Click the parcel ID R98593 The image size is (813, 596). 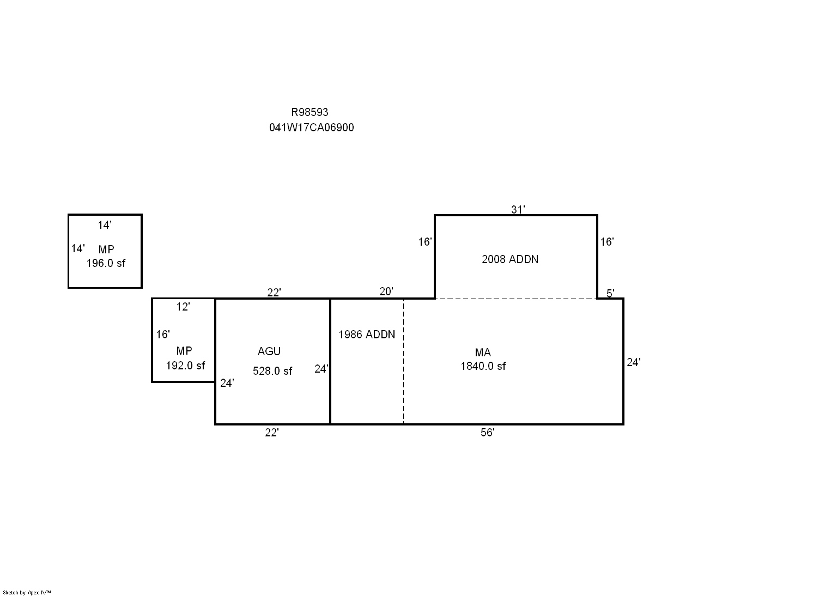310,112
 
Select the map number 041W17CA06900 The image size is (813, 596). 311,127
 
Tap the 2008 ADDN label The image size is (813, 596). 510,259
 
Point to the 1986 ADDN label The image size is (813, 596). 367,335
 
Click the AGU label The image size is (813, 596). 269,351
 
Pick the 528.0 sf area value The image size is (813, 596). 272,371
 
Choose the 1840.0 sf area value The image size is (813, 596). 483,366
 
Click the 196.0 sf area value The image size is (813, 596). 106,263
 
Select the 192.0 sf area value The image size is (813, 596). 185,366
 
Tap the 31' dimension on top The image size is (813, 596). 518,209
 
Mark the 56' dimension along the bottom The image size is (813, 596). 488,433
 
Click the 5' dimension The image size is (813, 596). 610,293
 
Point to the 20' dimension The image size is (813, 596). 386,291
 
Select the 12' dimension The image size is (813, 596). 183,307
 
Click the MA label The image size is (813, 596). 483,352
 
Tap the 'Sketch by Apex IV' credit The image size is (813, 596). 27,593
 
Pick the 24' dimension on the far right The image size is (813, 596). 634,362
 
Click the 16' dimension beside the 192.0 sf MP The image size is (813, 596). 163,335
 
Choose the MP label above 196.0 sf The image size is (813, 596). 106,250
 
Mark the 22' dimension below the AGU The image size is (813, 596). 272,433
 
